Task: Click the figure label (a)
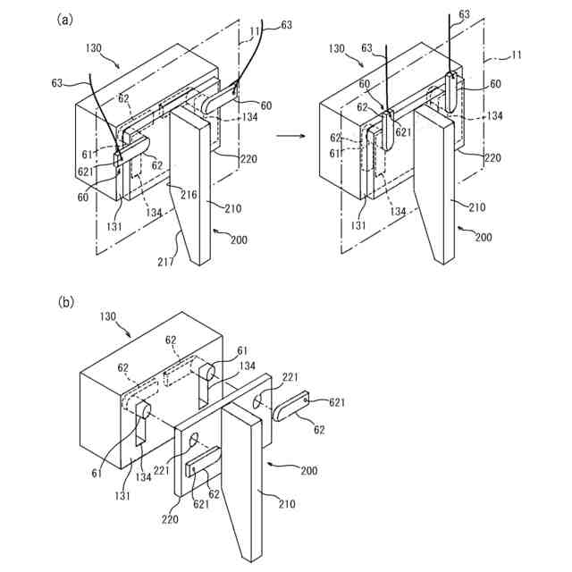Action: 64,19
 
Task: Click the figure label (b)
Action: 66,302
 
